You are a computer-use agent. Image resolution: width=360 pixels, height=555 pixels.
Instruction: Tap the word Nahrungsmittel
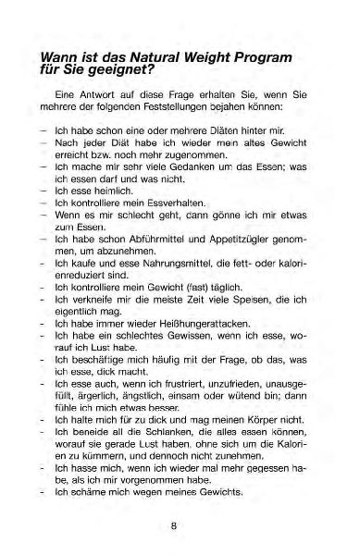coord(159,265)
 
